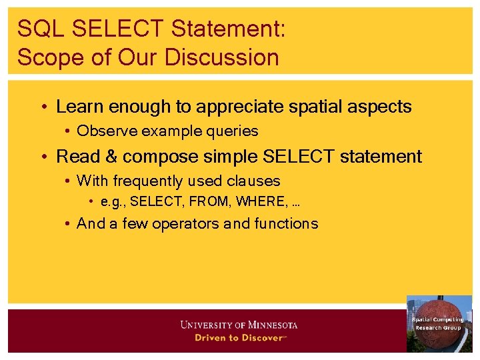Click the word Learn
point(77,107)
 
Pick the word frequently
point(151,181)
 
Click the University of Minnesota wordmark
point(239,325)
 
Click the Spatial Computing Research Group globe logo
point(439,324)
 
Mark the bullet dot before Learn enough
point(43,107)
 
